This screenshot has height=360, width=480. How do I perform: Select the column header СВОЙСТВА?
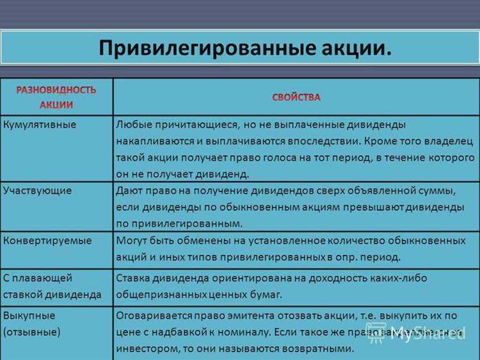pos(296,97)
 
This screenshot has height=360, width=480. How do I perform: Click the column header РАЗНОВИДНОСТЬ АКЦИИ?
pos(56,97)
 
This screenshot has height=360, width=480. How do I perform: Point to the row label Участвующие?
pos(37,190)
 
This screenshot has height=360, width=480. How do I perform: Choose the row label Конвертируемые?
pos(47,240)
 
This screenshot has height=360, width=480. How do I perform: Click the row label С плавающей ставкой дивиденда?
pos(52,286)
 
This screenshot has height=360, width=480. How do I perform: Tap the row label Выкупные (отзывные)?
pos(32,324)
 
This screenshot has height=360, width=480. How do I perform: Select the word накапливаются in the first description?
pos(152,140)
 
